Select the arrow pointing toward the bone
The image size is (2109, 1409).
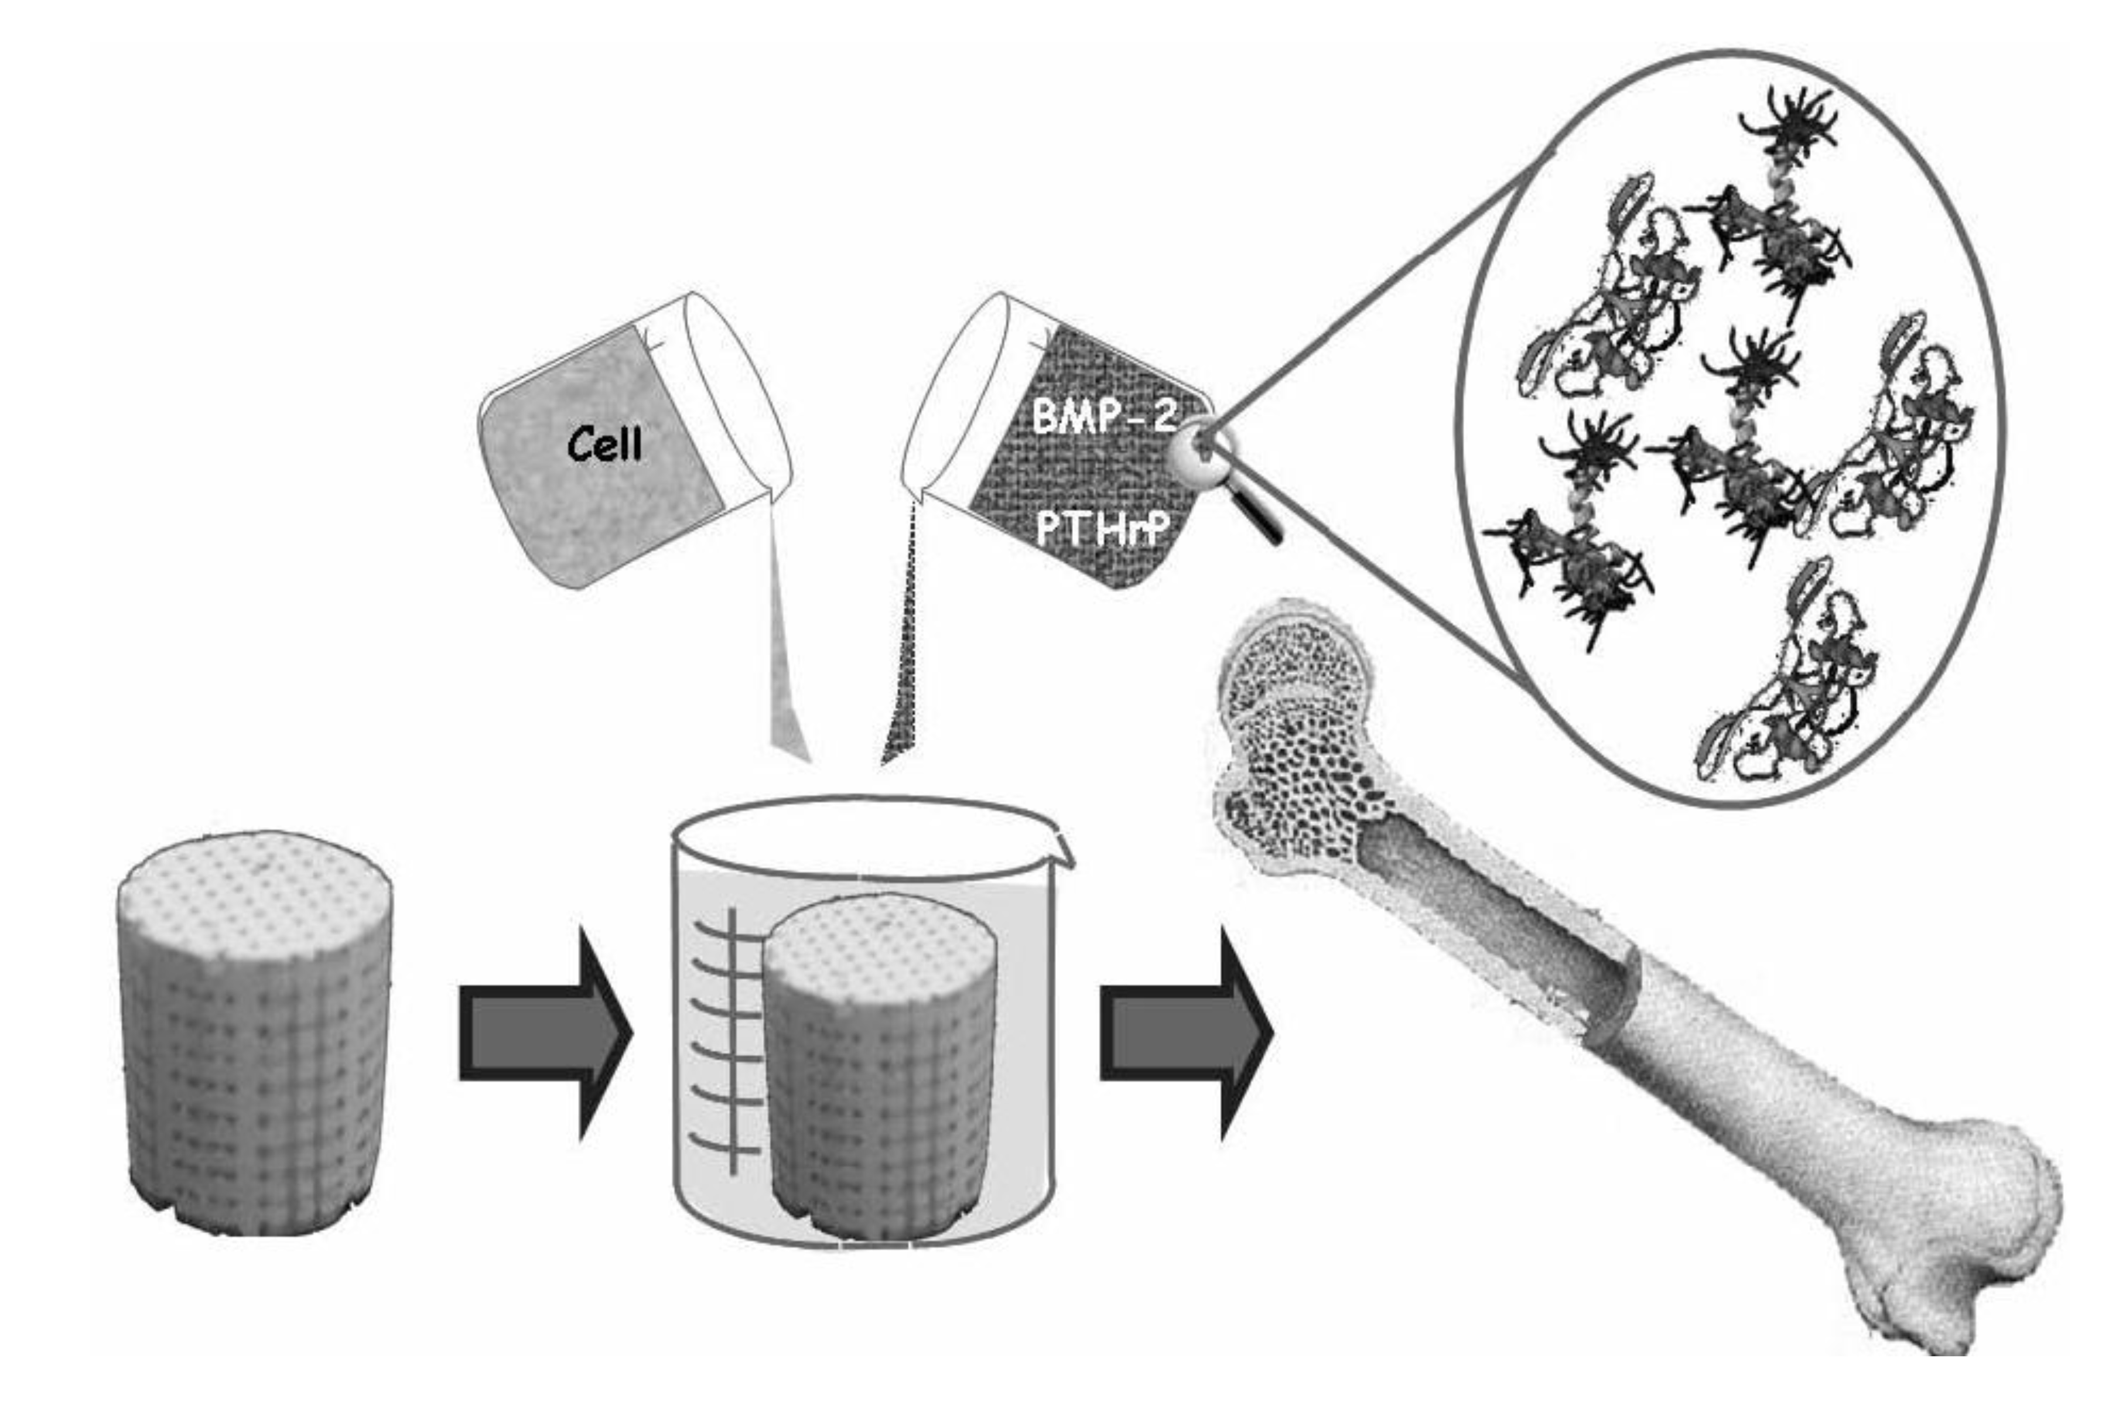pos(1184,1034)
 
